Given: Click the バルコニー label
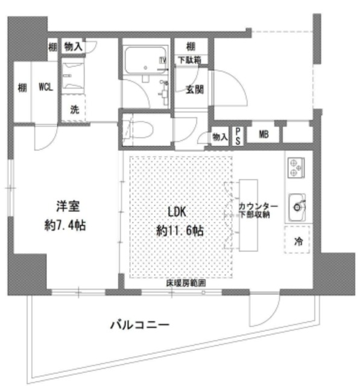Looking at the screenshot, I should coord(139,326).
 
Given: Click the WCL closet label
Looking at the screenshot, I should coord(45,87).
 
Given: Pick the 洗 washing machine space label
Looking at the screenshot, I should coord(74,110).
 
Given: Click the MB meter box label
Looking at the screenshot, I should coord(263,134).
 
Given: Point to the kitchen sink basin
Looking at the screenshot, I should coord(297,206).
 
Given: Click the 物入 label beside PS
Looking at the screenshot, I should coord(219,137).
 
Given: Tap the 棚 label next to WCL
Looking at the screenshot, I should coord(22,87).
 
